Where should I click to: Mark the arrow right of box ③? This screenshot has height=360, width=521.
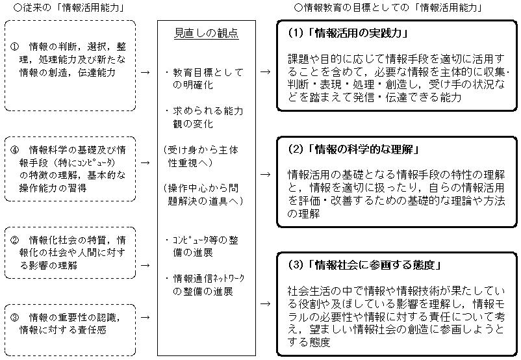click(x=145, y=318)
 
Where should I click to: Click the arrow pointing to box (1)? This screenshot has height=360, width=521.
click(x=264, y=72)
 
